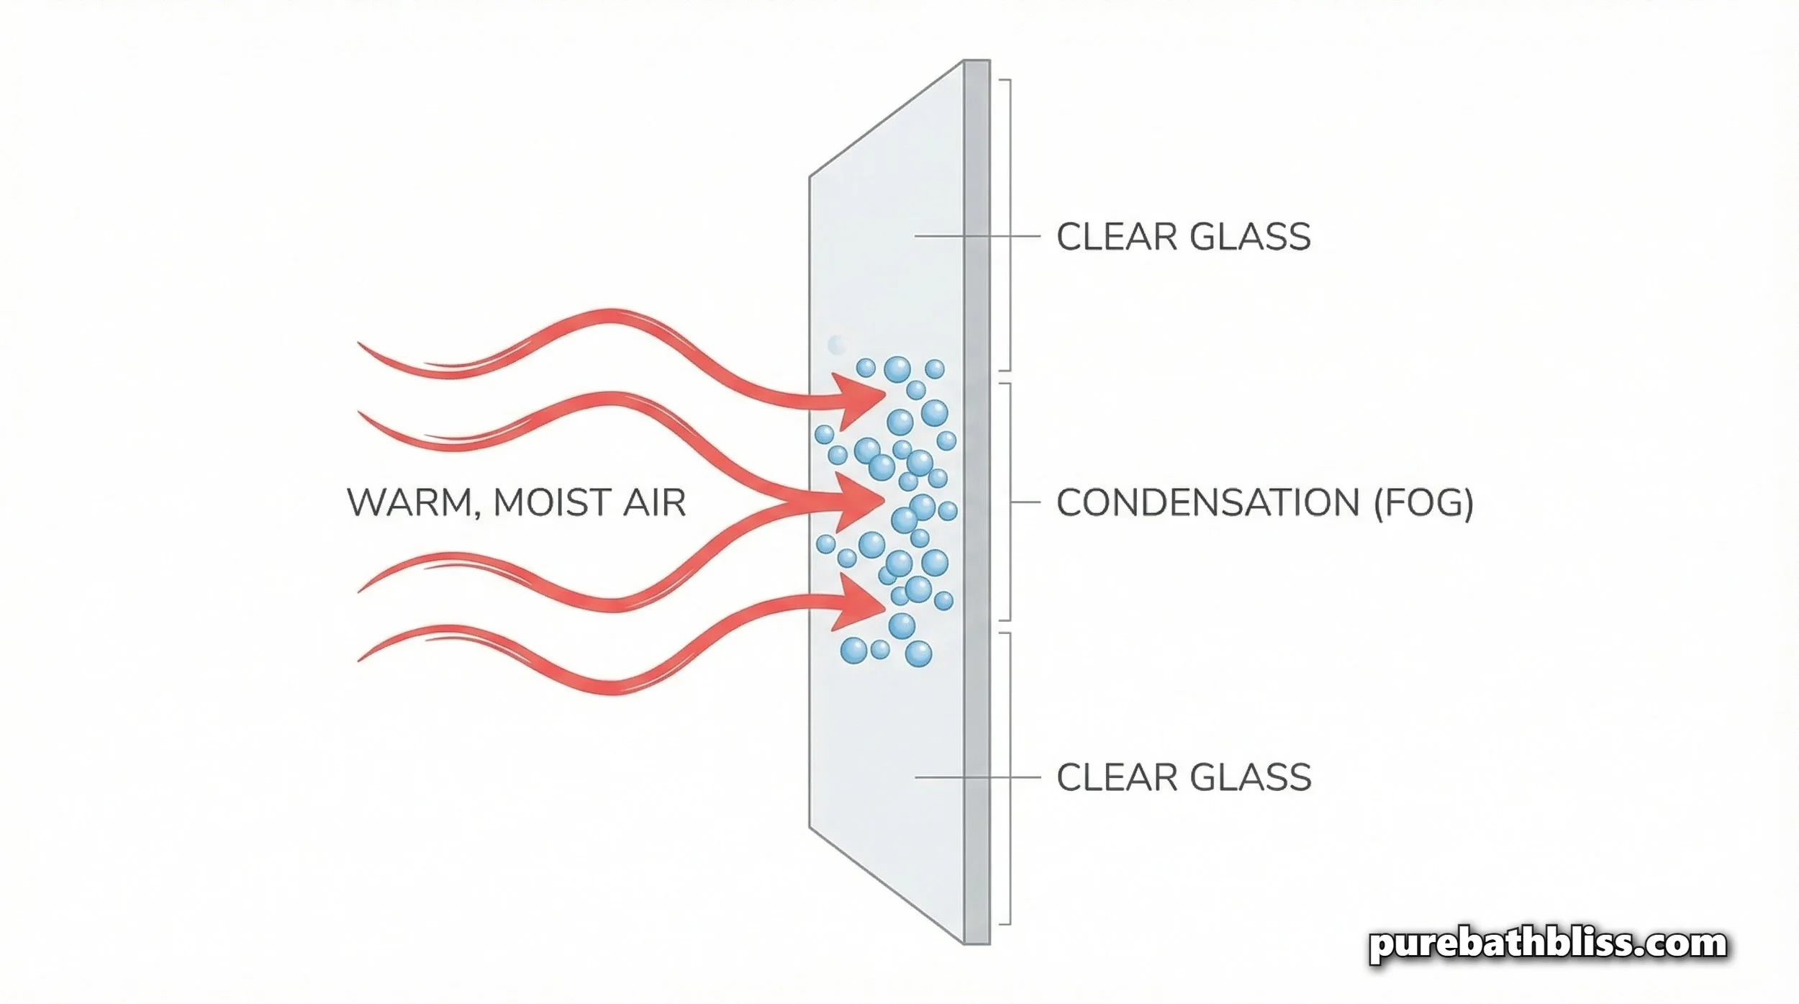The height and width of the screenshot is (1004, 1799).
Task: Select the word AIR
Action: click(x=656, y=502)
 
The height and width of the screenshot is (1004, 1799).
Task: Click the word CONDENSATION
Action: click(x=1207, y=502)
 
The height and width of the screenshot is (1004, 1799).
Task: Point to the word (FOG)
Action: click(x=1423, y=502)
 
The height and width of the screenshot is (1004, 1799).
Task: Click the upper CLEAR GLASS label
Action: click(x=1182, y=237)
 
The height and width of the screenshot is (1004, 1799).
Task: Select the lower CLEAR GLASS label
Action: click(x=1183, y=777)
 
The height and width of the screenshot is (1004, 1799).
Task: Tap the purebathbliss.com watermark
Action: click(x=1547, y=944)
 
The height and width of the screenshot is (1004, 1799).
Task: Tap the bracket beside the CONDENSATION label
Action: click(x=1010, y=502)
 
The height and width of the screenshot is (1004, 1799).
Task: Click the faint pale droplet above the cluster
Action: click(x=836, y=345)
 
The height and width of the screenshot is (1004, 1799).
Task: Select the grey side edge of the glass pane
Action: click(x=976, y=504)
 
